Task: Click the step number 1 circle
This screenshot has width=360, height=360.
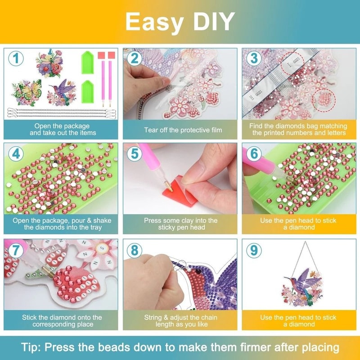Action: click(16, 58)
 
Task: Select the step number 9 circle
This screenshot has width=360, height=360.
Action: click(254, 250)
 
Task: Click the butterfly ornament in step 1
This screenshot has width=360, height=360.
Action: click(27, 93)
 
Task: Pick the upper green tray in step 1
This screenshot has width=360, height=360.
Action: click(88, 63)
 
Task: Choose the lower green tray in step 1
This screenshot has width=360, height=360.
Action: click(88, 92)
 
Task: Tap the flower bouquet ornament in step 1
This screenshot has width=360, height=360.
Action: click(50, 63)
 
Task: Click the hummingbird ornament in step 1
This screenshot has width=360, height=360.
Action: click(62, 92)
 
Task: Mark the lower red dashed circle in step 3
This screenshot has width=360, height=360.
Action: click(324, 100)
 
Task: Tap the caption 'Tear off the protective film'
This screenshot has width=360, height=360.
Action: click(183, 130)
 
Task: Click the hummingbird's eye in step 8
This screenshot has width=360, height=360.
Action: click(198, 272)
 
